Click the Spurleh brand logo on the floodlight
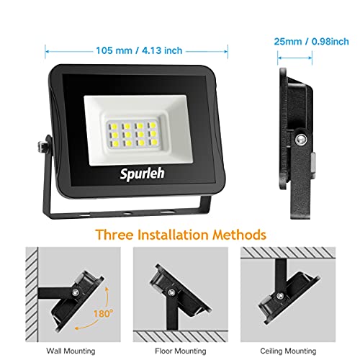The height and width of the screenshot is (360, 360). click(x=143, y=174)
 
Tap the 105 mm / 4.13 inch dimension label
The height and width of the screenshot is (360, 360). click(x=139, y=50)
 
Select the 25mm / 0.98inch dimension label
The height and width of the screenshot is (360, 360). click(x=311, y=42)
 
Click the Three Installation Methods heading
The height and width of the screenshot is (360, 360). click(x=181, y=235)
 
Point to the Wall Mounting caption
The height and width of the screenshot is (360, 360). click(x=71, y=351)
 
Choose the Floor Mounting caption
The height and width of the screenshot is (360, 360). click(x=181, y=351)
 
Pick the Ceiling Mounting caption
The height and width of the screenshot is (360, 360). click(x=288, y=351)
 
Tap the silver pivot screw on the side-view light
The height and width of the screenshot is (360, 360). click(x=301, y=140)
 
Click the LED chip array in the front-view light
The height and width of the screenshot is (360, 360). click(x=133, y=134)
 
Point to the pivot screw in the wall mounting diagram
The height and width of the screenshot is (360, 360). click(x=76, y=292)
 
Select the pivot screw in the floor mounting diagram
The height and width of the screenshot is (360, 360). click(x=171, y=292)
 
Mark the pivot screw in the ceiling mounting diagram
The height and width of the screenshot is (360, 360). click(x=279, y=296)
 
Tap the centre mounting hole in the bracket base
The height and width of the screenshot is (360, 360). click(x=127, y=213)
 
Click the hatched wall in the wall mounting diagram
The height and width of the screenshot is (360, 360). click(x=32, y=294)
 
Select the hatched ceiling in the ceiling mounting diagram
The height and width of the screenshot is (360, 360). click(x=288, y=253)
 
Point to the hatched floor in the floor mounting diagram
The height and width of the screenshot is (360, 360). click(x=181, y=336)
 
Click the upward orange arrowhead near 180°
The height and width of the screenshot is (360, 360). click(x=107, y=289)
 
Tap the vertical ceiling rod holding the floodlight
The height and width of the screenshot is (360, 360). click(x=281, y=276)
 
